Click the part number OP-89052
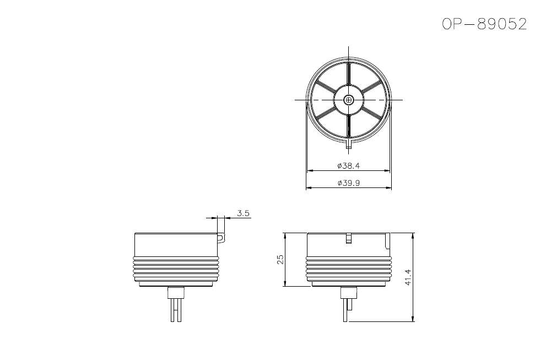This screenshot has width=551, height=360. tap(484, 24)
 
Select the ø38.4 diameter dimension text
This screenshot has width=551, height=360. tap(348, 166)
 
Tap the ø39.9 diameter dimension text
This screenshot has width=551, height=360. tap(348, 184)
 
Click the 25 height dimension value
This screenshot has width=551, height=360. tap(280, 259)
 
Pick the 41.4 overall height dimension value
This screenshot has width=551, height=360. tap(408, 277)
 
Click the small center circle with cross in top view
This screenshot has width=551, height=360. tap(349, 100)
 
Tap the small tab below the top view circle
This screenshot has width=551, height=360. tap(349, 146)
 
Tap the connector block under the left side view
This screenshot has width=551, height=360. tap(176, 293)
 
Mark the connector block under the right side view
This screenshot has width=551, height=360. tap(348, 293)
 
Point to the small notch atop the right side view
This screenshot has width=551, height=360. tap(348, 238)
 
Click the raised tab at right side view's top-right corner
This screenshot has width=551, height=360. tap(388, 240)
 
